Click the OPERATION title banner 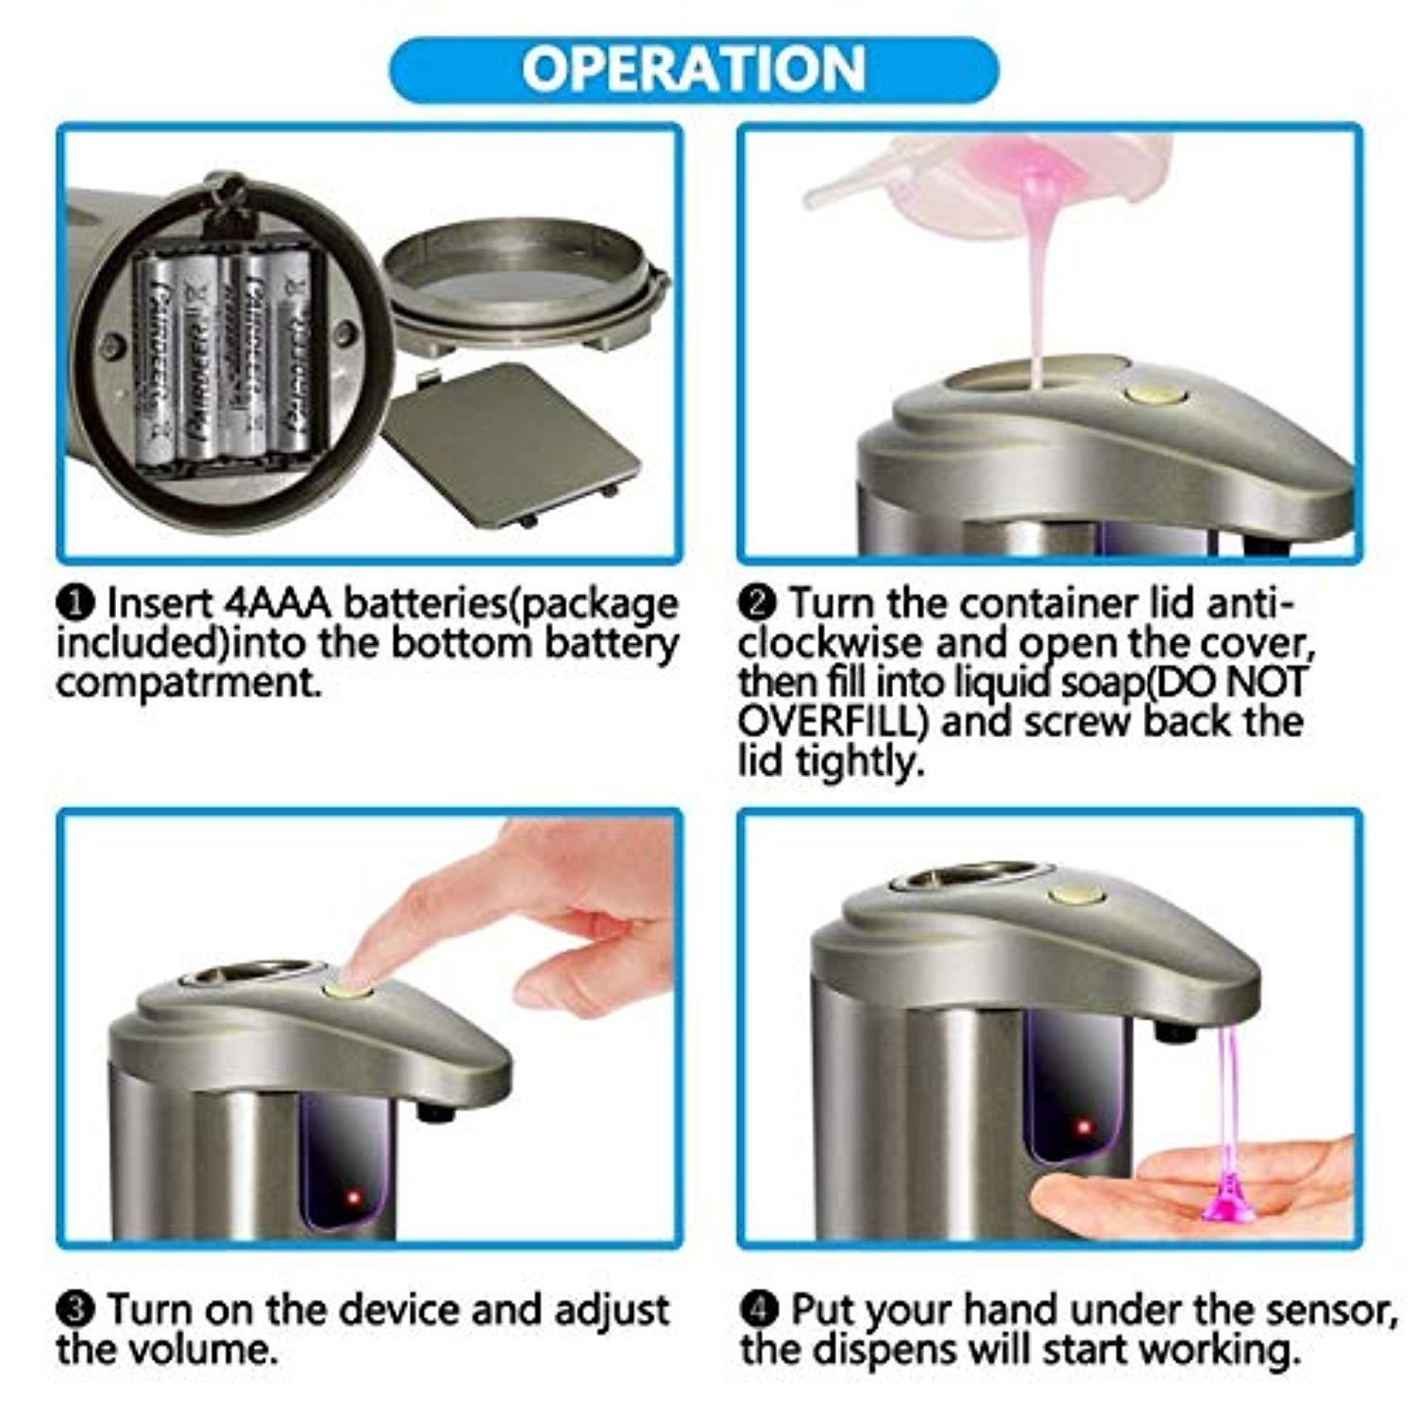pyautogui.click(x=694, y=68)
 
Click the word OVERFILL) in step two pyautogui.click(x=837, y=722)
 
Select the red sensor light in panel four pyautogui.click(x=1082, y=1128)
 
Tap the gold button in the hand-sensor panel pyautogui.click(x=1079, y=897)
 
